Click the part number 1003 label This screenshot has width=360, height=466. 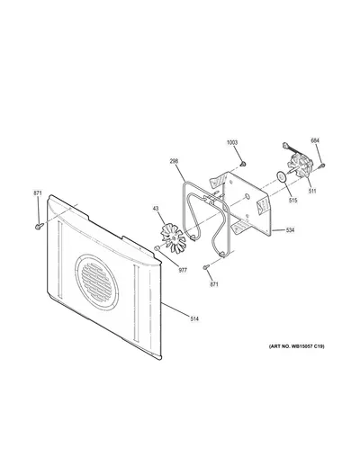232,142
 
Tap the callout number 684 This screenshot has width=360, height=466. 315,140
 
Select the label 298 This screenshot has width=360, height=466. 174,161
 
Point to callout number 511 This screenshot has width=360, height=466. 312,191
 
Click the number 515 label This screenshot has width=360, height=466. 292,200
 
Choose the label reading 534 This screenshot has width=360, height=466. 290,230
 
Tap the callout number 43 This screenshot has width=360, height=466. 156,208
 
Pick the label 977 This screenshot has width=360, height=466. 183,270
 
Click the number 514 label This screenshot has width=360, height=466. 194,318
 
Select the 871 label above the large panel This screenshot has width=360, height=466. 38,193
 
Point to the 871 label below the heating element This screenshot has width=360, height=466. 214,284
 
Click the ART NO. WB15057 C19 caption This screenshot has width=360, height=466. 296,346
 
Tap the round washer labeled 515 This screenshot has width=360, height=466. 282,177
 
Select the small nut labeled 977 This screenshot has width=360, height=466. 156,248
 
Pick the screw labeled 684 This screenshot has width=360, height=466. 322,165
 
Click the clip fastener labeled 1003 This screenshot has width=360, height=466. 243,164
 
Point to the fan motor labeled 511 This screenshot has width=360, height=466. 300,166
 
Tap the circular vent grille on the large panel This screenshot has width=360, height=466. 96,282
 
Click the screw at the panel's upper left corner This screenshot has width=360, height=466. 39,226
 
